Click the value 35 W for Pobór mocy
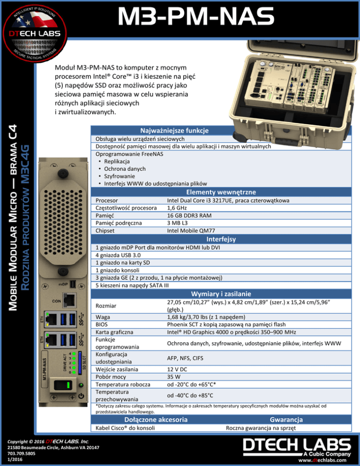[x=173, y=376]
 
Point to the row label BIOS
[x=103, y=324]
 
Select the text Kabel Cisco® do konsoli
[x=126, y=428]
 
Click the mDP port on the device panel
[x=73, y=284]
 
